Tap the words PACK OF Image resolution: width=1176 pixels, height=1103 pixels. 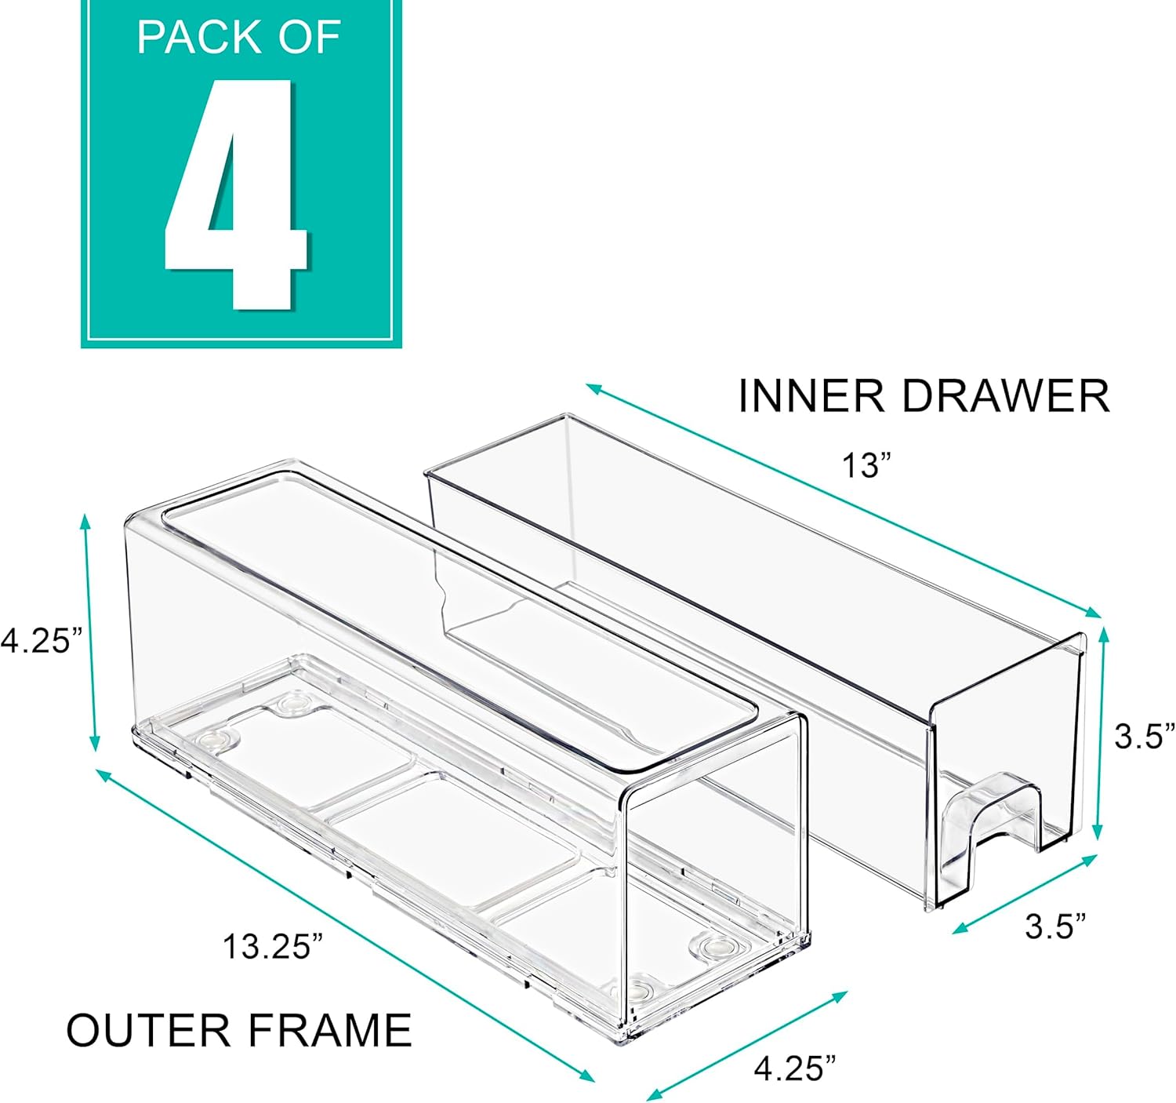(x=238, y=37)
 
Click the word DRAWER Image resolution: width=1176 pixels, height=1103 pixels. (x=1005, y=395)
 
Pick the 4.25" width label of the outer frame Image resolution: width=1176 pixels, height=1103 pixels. (x=795, y=1068)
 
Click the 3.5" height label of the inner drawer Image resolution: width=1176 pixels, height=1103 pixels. (x=1144, y=737)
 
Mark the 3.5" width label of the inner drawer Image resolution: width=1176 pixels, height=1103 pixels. (x=1055, y=926)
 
